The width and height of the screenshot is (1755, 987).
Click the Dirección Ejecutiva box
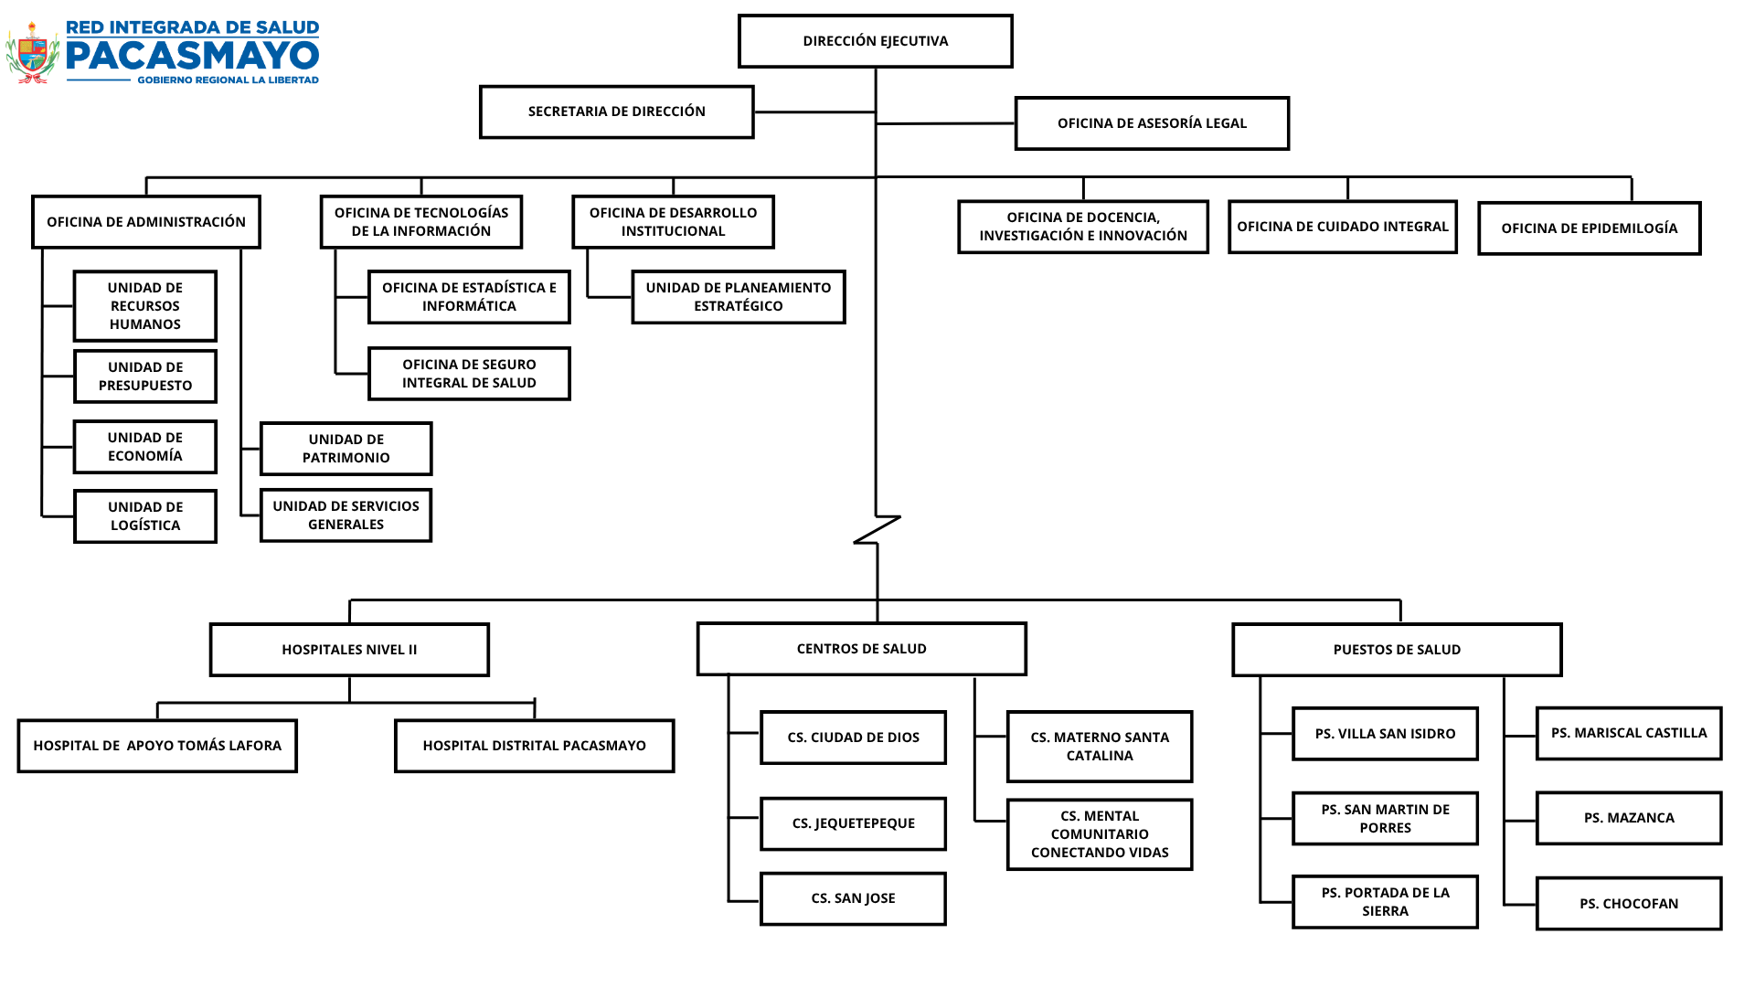(876, 41)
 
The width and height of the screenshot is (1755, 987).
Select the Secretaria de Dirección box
(617, 111)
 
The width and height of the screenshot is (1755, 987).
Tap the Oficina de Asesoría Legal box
(1152, 123)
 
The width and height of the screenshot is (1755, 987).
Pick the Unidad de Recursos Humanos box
(145, 306)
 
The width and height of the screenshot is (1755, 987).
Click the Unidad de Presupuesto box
(145, 377)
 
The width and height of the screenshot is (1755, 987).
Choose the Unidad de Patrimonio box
(346, 449)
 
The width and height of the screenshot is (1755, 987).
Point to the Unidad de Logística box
(145, 516)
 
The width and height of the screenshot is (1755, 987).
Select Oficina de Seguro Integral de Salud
(469, 374)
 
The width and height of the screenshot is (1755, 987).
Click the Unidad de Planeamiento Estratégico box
(739, 297)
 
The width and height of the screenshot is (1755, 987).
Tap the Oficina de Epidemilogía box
(1590, 228)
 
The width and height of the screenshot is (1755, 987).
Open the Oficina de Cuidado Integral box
(1343, 227)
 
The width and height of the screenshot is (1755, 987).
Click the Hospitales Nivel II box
(349, 650)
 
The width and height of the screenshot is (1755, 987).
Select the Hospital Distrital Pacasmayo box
(535, 746)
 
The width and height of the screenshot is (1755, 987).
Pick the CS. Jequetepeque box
(854, 823)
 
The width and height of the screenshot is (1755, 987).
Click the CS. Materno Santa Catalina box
(1100, 747)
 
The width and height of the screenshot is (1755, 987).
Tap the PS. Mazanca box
(1629, 818)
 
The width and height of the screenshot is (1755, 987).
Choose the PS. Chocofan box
(1629, 904)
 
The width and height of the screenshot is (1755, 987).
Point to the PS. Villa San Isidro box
(1386, 734)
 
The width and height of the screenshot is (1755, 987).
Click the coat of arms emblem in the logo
(33, 53)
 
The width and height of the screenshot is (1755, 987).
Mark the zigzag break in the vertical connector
(877, 530)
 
